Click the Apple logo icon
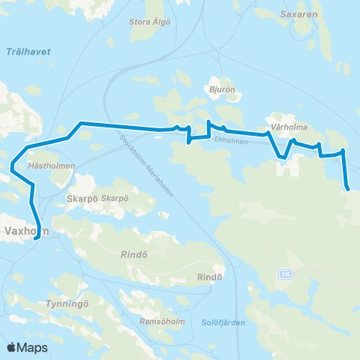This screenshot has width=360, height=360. click(x=11, y=347)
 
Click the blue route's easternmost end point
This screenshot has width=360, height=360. click(x=349, y=189)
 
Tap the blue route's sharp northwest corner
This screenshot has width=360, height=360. click(x=81, y=122)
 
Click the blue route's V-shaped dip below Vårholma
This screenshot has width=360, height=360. click(x=281, y=157)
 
